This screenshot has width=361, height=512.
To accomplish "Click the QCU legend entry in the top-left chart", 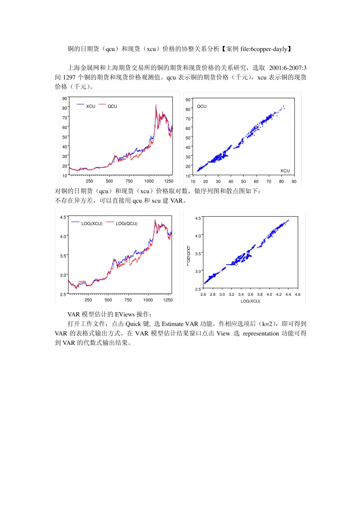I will pyautogui.click(x=112, y=106).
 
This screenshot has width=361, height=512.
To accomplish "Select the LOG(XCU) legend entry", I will pyautogui.click(x=92, y=223).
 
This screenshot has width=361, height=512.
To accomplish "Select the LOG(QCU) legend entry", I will pyautogui.click(x=127, y=223).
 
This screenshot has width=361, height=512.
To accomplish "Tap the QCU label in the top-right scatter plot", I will pyautogui.click(x=202, y=106).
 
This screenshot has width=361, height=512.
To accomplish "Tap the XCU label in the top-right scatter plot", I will pyautogui.click(x=285, y=171).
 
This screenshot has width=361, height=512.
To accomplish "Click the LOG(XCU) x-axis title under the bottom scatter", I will pyautogui.click(x=250, y=301).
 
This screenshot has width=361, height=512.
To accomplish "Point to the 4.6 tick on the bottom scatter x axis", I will pyautogui.click(x=298, y=294).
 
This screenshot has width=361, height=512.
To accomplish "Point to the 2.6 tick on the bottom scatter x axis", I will pyautogui.click(x=203, y=294).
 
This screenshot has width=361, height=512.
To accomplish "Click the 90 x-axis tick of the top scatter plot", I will pyautogui.click(x=294, y=182).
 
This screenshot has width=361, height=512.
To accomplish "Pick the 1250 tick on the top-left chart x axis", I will pyautogui.click(x=169, y=181).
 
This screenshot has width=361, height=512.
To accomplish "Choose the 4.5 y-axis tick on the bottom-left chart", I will pyautogui.click(x=63, y=217).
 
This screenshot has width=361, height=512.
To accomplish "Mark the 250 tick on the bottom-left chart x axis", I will pyautogui.click(x=88, y=300).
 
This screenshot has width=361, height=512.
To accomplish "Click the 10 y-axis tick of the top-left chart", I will pyautogui.click(x=65, y=175).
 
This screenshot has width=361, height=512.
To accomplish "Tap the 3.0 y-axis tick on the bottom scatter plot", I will pyautogui.click(x=198, y=271).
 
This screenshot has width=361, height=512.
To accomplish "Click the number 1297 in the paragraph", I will pyautogui.click(x=69, y=77).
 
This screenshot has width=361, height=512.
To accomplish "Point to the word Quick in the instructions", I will pyautogui.click(x=133, y=324).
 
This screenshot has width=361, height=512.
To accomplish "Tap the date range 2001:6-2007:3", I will pyautogui.click(x=288, y=68).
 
